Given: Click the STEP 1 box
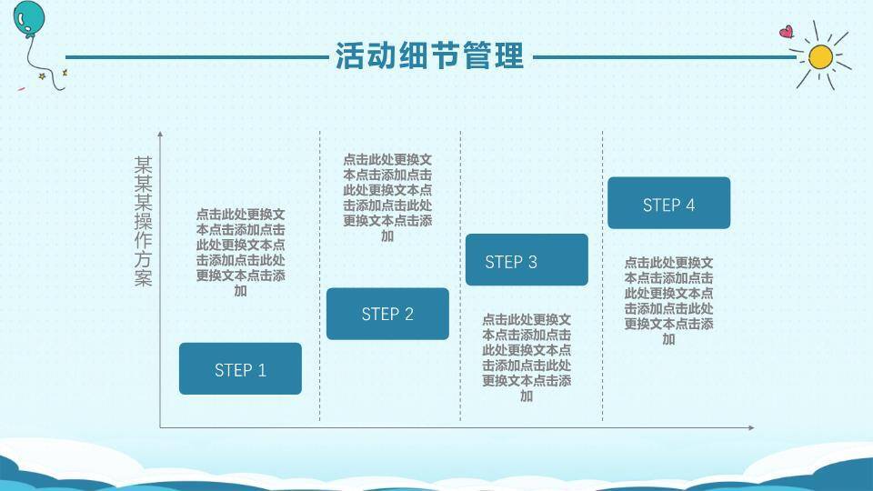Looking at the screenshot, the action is [240, 368].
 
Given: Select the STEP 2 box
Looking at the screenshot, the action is [387, 314].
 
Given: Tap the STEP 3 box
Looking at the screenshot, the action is [527, 259].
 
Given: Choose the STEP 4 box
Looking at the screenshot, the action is [668, 203].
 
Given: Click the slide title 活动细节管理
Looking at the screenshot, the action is [429, 55].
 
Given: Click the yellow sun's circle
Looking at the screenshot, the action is [820, 56].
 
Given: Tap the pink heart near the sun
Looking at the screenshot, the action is [786, 32].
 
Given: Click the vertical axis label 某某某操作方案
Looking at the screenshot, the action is [143, 221].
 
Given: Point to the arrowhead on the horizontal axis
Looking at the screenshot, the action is [752, 427].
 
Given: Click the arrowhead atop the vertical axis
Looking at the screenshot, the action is [160, 135].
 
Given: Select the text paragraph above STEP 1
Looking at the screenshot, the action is [240, 252].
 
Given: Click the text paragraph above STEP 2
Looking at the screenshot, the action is [387, 197].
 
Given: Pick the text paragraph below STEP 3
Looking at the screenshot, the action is [527, 357].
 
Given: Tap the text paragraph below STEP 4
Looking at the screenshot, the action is [668, 301].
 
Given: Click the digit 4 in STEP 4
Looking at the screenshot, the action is [690, 205].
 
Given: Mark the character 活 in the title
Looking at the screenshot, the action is [349, 55].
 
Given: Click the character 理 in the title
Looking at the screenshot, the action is [509, 55].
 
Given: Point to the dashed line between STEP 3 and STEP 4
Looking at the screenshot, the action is [602, 276].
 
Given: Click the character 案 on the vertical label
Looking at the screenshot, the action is [143, 278].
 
